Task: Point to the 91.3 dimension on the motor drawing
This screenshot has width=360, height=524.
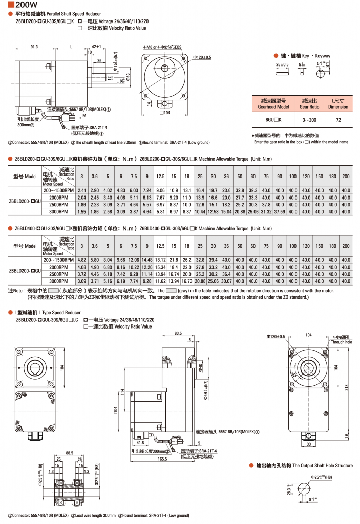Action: coord(35,47)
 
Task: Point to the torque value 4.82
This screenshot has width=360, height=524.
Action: coord(81,260)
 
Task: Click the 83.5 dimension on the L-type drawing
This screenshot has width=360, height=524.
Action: coord(178,333)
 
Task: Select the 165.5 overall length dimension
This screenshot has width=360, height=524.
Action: coord(162,459)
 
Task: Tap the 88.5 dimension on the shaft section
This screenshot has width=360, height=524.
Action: coord(70,452)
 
